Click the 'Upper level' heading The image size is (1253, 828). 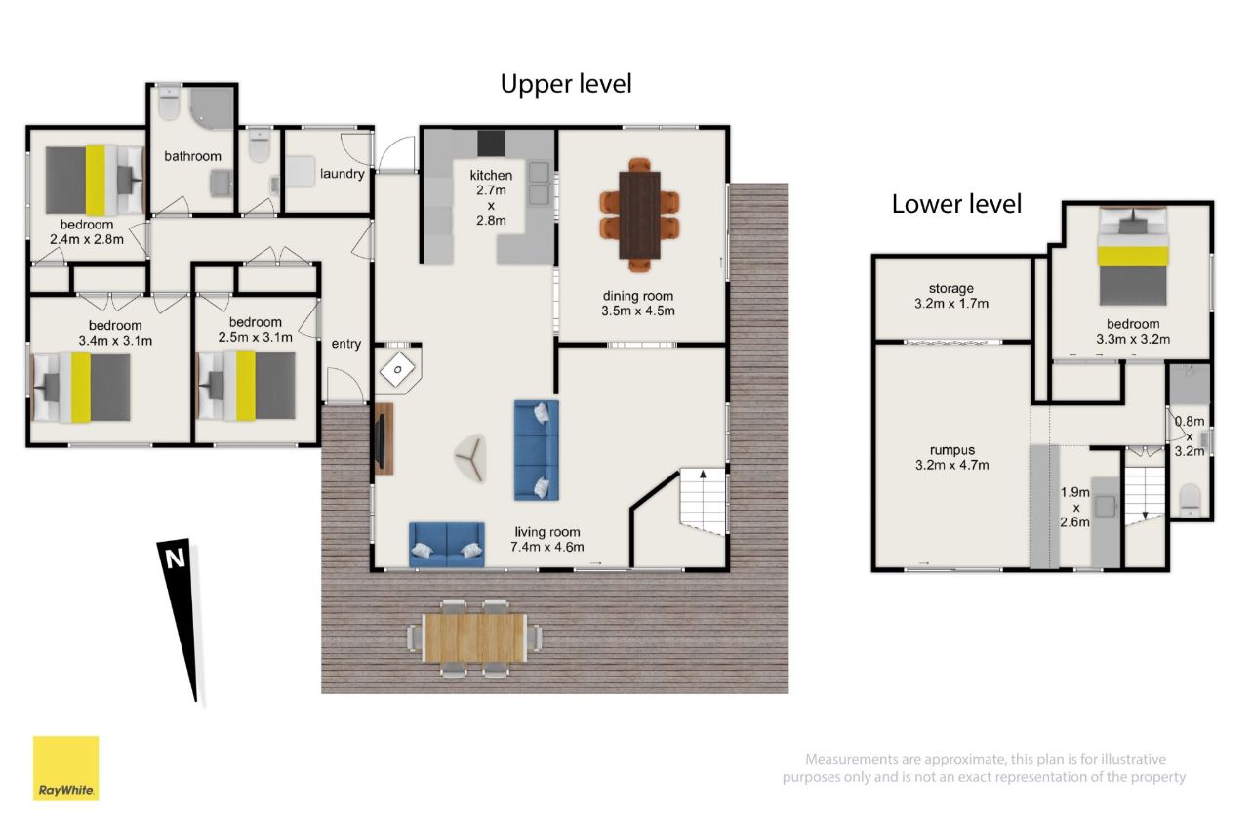[566, 85]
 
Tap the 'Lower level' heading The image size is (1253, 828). [956, 204]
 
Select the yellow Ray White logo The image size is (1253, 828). [66, 768]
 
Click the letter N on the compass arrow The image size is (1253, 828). [175, 559]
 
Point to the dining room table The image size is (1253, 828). [639, 216]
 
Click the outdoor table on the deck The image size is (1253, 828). [474, 639]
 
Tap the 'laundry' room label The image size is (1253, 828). [342, 174]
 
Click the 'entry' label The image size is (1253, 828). [345, 344]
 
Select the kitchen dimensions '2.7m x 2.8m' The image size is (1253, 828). [491, 205]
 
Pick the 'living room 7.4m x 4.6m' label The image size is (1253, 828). [547, 539]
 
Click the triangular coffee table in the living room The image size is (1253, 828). [471, 457]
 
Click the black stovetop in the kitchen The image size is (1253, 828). [491, 143]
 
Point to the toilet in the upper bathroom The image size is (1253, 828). [168, 103]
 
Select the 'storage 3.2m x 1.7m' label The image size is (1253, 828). [950, 296]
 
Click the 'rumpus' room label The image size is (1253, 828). [952, 450]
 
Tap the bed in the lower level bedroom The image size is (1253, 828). [1133, 256]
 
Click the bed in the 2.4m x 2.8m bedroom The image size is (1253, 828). [94, 181]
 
